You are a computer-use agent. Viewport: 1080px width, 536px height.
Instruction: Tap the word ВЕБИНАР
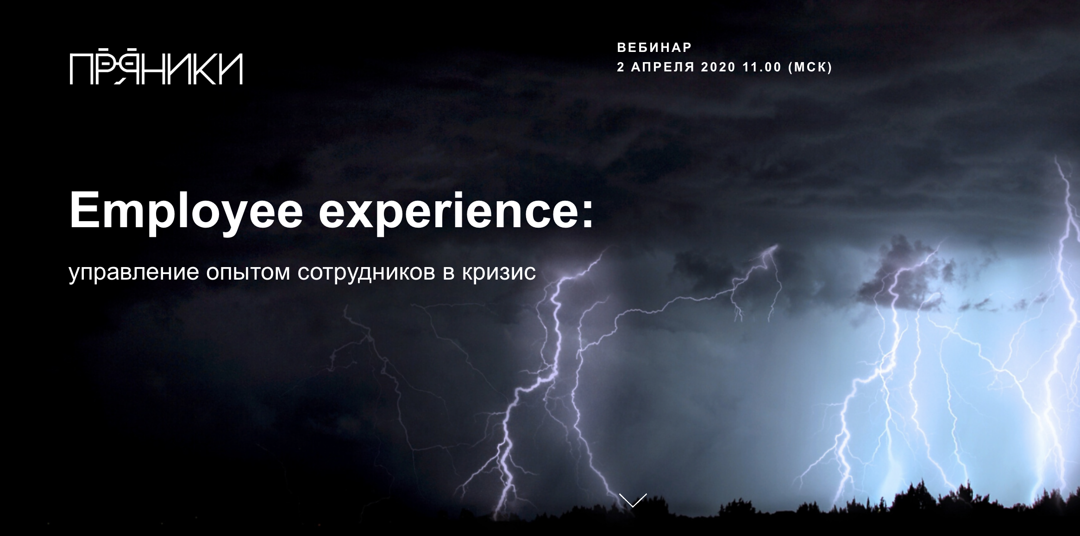click(x=654, y=47)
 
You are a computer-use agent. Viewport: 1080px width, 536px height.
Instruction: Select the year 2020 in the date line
click(x=718, y=67)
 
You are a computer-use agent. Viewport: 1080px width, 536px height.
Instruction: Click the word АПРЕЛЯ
click(x=663, y=67)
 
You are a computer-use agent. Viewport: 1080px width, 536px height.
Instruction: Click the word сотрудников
click(x=367, y=273)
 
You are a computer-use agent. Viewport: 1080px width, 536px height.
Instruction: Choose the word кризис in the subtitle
click(x=499, y=273)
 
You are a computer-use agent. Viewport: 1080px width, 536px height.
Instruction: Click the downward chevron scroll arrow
click(x=633, y=500)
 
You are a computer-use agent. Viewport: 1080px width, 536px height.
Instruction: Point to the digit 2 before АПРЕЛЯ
click(x=621, y=67)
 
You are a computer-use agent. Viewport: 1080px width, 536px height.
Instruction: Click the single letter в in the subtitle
click(x=449, y=274)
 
